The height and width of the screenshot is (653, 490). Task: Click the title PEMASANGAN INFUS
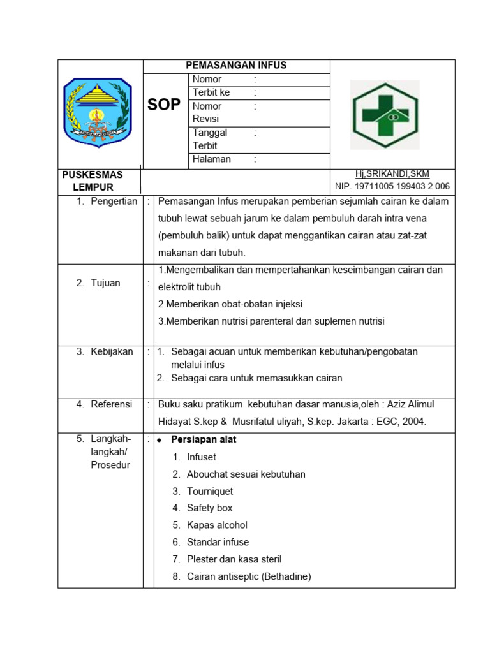[236, 65]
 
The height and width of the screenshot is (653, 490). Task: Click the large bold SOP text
[164, 105]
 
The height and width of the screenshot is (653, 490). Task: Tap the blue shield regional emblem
[98, 113]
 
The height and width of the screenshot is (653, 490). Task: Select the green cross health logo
[385, 115]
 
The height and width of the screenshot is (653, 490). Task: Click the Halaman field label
[212, 159]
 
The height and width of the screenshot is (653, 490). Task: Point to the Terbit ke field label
[211, 92]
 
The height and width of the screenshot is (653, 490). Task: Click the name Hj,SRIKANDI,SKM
[392, 174]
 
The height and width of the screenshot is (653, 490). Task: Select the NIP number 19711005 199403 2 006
[392, 187]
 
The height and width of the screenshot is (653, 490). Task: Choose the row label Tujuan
[105, 283]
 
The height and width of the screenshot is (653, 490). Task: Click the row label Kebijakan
[112, 351]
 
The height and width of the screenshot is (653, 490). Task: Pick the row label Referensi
[111, 404]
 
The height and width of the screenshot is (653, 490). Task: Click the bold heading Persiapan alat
[204, 439]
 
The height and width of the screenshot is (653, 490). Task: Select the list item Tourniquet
[210, 491]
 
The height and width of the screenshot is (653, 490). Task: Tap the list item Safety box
[209, 508]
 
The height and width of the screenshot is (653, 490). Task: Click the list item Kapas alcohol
[217, 525]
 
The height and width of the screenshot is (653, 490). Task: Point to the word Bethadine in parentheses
[286, 576]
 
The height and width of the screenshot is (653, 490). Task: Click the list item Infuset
[202, 457]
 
